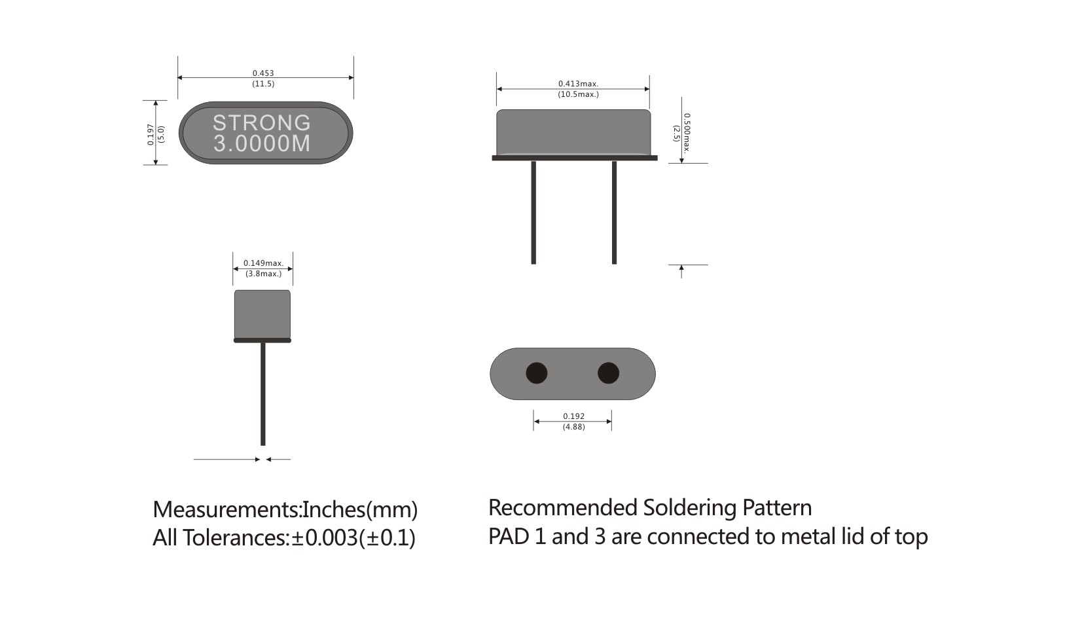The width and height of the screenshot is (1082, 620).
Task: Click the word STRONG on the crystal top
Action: pyautogui.click(x=261, y=122)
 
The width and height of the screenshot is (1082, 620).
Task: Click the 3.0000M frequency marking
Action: pyautogui.click(x=262, y=143)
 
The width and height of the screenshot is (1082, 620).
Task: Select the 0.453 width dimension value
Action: pyautogui.click(x=263, y=73)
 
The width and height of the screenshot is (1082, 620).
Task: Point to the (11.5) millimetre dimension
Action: pyautogui.click(x=263, y=84)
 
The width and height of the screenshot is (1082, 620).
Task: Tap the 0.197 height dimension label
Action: pyautogui.click(x=151, y=134)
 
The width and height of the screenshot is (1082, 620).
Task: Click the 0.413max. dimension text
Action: pyautogui.click(x=578, y=84)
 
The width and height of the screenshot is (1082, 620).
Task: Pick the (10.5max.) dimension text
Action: pyautogui.click(x=578, y=94)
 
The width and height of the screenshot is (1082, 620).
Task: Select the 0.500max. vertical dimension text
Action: pyautogui.click(x=687, y=133)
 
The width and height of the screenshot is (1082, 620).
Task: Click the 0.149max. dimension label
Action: pyautogui.click(x=263, y=263)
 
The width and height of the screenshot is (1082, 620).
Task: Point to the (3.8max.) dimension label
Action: pyautogui.click(x=263, y=274)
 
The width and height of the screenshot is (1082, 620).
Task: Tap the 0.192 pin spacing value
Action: pyautogui.click(x=573, y=416)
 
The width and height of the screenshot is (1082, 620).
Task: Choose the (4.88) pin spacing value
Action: pyautogui.click(x=573, y=427)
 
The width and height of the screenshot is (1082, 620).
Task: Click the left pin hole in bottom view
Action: pyautogui.click(x=537, y=373)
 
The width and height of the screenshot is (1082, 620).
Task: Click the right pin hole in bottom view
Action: pyautogui.click(x=608, y=373)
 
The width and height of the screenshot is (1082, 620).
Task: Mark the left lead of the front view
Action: pyautogui.click(x=533, y=213)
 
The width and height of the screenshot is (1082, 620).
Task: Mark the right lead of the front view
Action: pyautogui.click(x=614, y=213)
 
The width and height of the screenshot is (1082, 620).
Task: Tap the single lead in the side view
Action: pyautogui.click(x=263, y=393)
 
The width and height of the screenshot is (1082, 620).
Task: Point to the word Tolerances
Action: pyautogui.click(x=234, y=538)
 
